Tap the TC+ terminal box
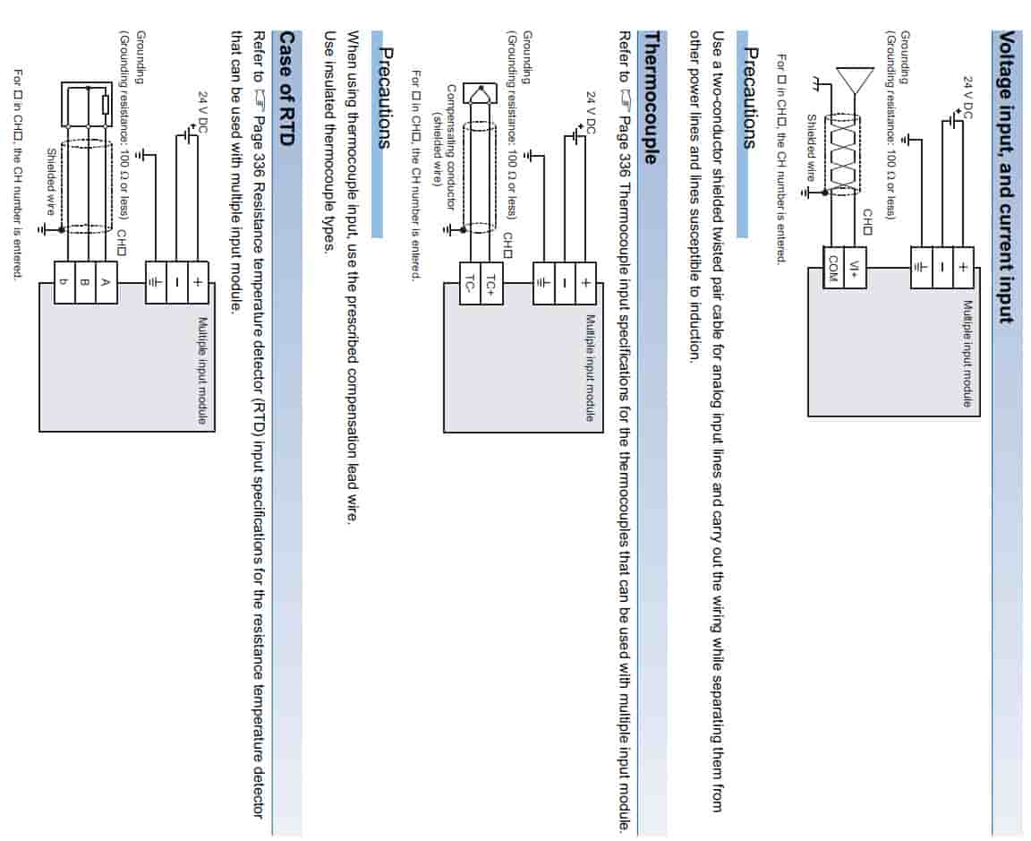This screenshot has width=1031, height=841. click(490, 282)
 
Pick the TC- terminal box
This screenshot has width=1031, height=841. click(470, 282)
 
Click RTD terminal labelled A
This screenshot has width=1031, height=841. click(106, 282)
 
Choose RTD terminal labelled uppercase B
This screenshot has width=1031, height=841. click(84, 282)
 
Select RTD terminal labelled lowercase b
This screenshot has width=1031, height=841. click(64, 282)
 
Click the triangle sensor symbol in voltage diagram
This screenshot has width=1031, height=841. click(855, 80)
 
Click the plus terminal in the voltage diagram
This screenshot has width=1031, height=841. click(963, 266)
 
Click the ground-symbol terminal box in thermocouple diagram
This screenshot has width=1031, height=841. click(542, 282)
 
